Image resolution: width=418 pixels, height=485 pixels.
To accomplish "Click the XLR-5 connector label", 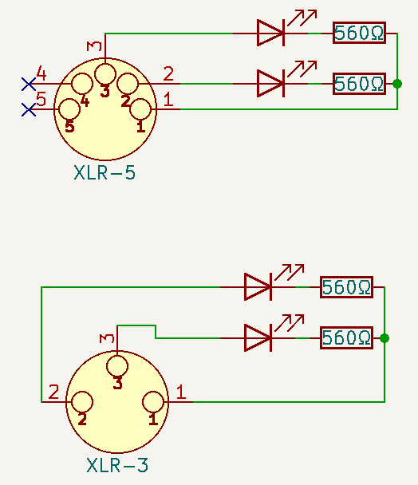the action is (x=104, y=172).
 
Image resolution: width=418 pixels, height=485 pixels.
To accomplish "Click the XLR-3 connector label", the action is (x=117, y=465).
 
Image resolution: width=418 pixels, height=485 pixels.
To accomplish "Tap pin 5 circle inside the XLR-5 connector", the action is (x=69, y=109).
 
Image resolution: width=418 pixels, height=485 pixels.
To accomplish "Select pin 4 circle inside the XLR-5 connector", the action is (x=82, y=84).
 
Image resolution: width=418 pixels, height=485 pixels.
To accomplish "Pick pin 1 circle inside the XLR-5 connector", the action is (x=140, y=109).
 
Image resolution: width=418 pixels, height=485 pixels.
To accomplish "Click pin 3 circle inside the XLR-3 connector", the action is (x=117, y=366).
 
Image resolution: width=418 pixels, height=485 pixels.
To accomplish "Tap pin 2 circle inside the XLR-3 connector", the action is (x=82, y=402).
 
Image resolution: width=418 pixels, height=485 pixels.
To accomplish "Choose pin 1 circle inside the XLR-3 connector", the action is (x=153, y=402).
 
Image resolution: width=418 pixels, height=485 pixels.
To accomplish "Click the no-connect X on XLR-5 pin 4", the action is (x=29, y=84).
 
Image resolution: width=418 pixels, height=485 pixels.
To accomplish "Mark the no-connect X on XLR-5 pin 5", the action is (x=29, y=109).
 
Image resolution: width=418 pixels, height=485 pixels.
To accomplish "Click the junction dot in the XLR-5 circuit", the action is (x=397, y=84).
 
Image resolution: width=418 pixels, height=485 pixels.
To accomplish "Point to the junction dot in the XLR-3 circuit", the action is (x=384, y=338).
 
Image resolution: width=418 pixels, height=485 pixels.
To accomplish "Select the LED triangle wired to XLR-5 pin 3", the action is (x=270, y=33).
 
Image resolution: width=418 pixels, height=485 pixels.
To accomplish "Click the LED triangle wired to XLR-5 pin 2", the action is (x=270, y=84).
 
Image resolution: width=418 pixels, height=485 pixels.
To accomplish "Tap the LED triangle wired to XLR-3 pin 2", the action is (x=258, y=287).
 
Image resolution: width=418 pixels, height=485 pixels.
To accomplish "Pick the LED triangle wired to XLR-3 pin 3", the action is (x=258, y=338).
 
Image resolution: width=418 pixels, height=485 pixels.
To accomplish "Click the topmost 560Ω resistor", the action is (x=359, y=33).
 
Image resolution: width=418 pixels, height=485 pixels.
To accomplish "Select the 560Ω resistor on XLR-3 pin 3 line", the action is (x=346, y=337).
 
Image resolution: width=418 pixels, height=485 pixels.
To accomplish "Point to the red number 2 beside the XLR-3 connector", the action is (x=53, y=392).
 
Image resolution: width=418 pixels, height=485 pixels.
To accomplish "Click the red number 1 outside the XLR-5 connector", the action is (x=168, y=100).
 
